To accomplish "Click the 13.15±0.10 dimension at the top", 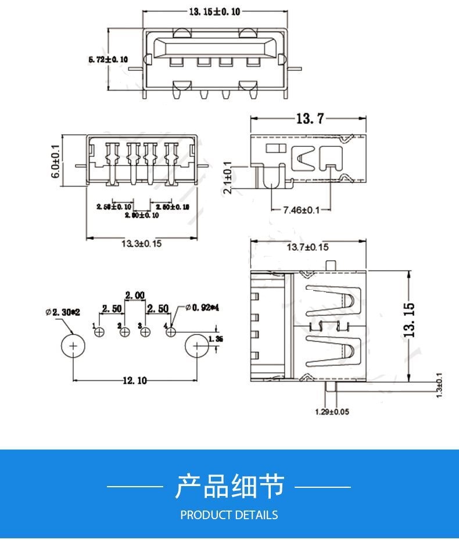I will [214, 12].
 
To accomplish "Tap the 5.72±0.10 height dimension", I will [107, 59].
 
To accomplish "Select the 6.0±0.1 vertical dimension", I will [56, 161].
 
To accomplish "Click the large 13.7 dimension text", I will [310, 118].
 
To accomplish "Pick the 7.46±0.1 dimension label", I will [301, 210].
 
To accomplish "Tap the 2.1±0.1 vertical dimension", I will [227, 178].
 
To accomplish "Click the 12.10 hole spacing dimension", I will [134, 380].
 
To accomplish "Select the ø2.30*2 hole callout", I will [62, 312].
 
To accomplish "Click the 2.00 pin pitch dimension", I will [134, 296].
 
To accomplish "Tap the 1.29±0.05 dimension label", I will [332, 412].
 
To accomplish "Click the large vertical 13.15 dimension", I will [409, 320].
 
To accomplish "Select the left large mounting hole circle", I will [74, 346].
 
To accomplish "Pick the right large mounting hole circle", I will [198, 346].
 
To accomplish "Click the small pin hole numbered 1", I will [99, 332].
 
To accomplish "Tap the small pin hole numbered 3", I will [146, 332].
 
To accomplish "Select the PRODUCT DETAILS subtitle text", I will [229, 515].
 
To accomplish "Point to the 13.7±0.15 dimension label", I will [307, 247].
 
